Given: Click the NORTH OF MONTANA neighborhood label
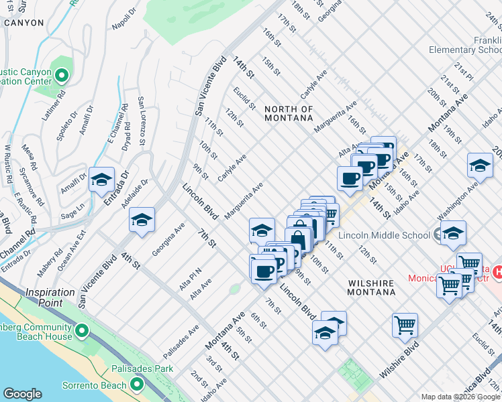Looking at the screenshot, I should pos(289,113).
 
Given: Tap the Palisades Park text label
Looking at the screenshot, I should pos(145,368).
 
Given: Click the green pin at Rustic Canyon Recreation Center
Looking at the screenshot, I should pos(62,76).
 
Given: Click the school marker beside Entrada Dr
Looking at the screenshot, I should pos(101,180).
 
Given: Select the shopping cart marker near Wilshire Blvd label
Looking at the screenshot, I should pos(405,326).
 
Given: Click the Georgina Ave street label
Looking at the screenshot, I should pos(168,241).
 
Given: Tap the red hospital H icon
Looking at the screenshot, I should pos(497,272).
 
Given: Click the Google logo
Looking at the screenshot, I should pos(22,394).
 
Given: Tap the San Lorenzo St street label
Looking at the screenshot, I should pos(142,121).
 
